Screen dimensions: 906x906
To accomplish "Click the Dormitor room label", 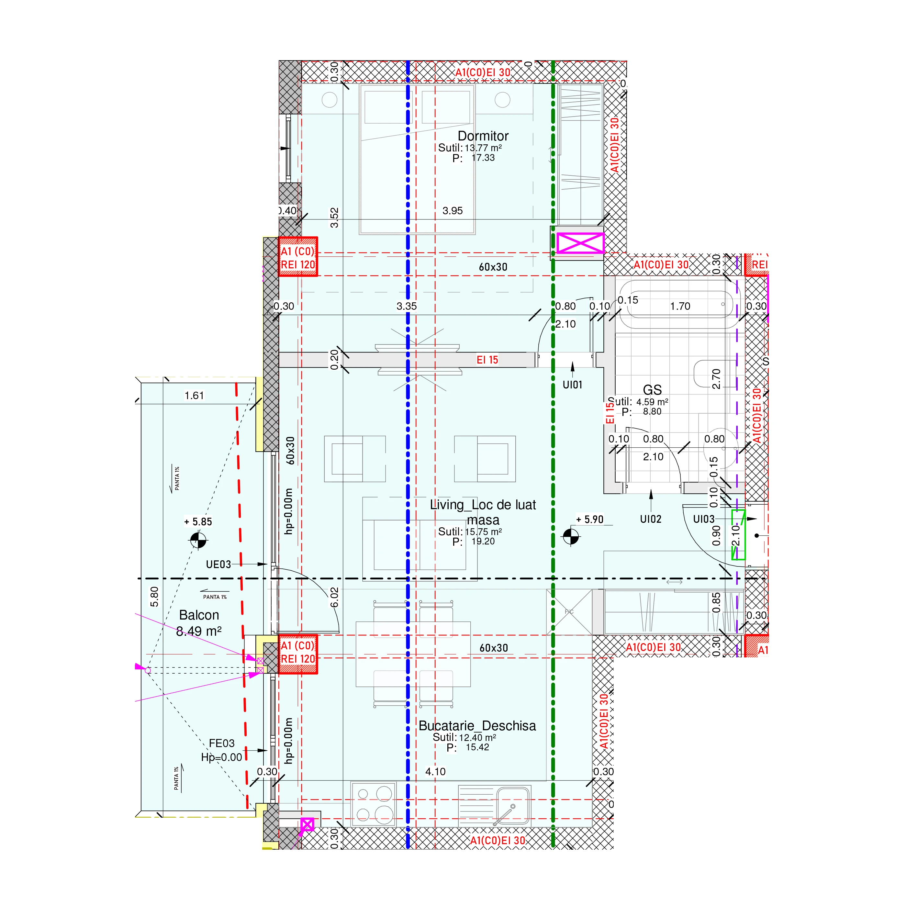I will click(483, 136).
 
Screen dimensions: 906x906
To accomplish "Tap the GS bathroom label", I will click(652, 390).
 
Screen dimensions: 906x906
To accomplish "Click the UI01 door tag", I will click(572, 385).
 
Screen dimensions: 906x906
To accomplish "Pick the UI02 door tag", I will click(650, 519).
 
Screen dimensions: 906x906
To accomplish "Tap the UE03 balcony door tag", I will click(218, 564).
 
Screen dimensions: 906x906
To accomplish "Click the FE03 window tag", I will click(221, 743).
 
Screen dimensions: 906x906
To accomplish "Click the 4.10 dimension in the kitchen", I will click(435, 771).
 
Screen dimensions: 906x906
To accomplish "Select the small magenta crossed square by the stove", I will click(307, 824).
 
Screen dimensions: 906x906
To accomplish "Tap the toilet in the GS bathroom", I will click(708, 373).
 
